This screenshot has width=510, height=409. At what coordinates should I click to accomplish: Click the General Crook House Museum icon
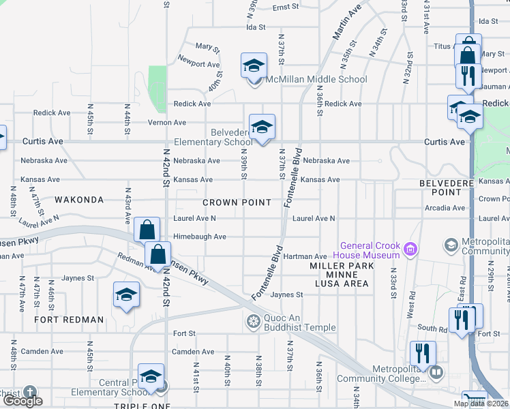(x=410, y=250)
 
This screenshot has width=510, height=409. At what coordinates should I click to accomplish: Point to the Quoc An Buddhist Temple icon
(x=253, y=322)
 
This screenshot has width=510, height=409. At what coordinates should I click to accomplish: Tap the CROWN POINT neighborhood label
(x=237, y=202)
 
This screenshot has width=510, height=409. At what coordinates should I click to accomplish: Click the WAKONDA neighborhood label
(x=79, y=200)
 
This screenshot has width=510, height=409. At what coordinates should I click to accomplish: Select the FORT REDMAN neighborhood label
(x=70, y=320)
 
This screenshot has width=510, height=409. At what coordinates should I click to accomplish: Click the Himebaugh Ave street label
(x=200, y=237)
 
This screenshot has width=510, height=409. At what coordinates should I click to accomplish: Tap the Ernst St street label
(x=287, y=7)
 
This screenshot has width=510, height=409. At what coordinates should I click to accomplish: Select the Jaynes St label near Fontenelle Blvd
(x=286, y=294)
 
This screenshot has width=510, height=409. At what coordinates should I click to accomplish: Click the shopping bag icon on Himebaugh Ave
(x=147, y=230)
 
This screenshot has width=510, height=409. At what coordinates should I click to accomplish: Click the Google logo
(x=22, y=402)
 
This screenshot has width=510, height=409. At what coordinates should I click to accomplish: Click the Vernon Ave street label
(x=167, y=123)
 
